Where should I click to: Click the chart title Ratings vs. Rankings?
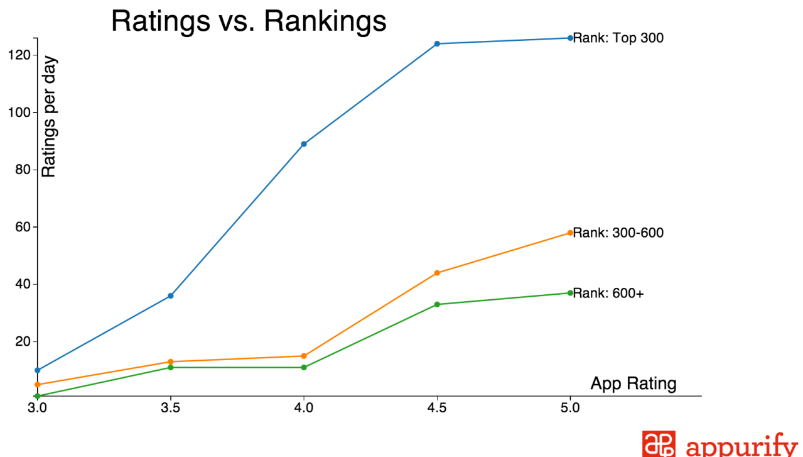click(x=249, y=21)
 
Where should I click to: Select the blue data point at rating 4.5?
click(x=437, y=44)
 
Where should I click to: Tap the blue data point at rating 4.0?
click(x=304, y=144)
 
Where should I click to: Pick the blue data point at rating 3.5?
click(x=171, y=295)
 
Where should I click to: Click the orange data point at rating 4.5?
click(x=437, y=273)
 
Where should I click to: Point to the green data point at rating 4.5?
click(x=437, y=304)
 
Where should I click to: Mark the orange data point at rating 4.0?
click(x=304, y=356)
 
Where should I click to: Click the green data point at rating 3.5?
click(x=171, y=367)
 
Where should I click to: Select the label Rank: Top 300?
click(x=618, y=38)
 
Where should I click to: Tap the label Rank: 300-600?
click(x=618, y=233)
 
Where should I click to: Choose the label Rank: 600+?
click(x=608, y=294)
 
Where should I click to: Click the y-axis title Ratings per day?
click(x=49, y=118)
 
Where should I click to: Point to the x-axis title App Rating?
click(x=633, y=383)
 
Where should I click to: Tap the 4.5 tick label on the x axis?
click(x=437, y=408)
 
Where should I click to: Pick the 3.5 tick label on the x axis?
click(x=171, y=408)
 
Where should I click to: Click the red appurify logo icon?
click(x=659, y=444)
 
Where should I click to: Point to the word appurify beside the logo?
click(x=741, y=446)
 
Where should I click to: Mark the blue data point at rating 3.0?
click(x=38, y=370)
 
